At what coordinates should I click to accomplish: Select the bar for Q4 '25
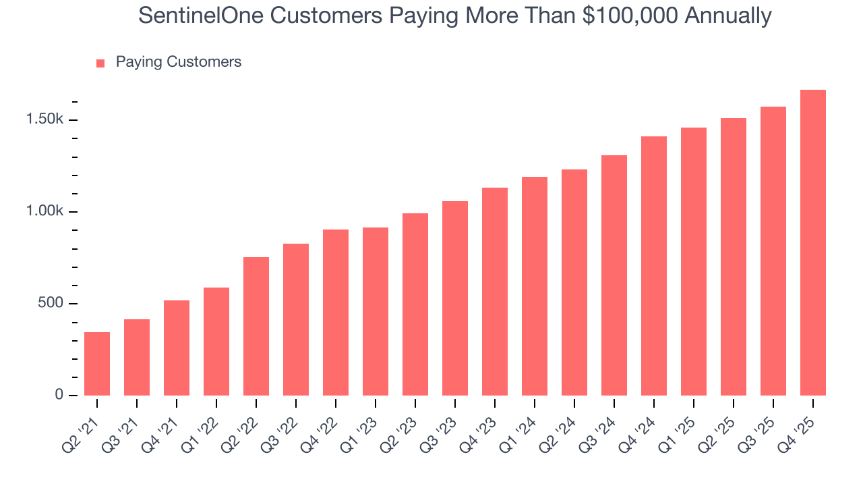pyautogui.click(x=812, y=242)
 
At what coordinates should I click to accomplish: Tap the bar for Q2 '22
pyautogui.click(x=256, y=326)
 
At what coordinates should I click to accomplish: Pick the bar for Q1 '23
pyautogui.click(x=376, y=311)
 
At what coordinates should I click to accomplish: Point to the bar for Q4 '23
pyautogui.click(x=495, y=291)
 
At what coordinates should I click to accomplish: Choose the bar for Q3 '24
pyautogui.click(x=614, y=275)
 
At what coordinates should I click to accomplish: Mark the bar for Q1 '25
pyautogui.click(x=694, y=261)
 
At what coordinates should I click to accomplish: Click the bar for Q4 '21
pyautogui.click(x=177, y=348)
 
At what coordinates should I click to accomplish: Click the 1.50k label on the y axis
pyautogui.click(x=44, y=119)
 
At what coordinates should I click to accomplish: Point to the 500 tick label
pyautogui.click(x=51, y=303)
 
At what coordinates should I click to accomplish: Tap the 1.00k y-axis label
pyautogui.click(x=44, y=211)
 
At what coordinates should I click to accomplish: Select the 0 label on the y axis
pyautogui.click(x=59, y=395)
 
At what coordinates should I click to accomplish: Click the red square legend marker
pyautogui.click(x=100, y=63)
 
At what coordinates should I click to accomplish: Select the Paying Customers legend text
pyautogui.click(x=178, y=62)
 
